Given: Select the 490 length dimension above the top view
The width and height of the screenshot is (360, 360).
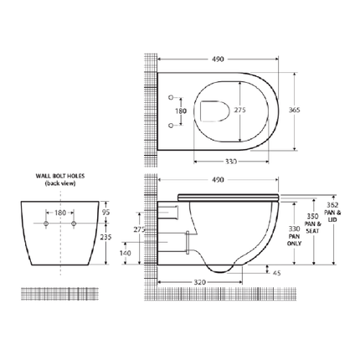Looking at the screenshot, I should (219, 59).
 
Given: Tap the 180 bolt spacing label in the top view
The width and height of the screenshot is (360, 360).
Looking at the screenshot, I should (178, 110).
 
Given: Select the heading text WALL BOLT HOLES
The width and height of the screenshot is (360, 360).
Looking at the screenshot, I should (64, 177).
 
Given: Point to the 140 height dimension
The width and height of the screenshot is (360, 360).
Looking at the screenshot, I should (125, 252).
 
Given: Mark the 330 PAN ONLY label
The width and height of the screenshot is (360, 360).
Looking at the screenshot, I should (293, 233).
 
